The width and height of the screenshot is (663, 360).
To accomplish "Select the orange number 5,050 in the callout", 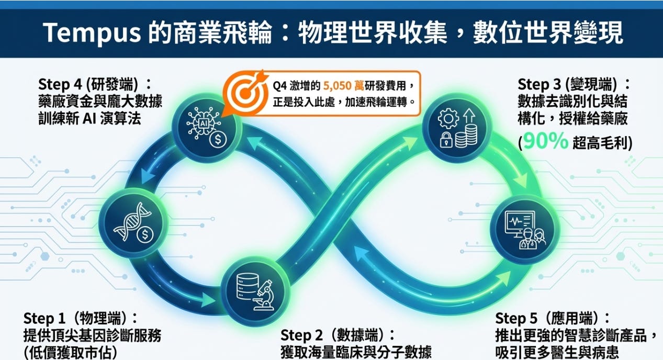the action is point(341,86).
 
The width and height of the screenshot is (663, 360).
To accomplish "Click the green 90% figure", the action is point(546,141).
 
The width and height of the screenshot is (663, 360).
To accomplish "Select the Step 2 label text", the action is point(302,335).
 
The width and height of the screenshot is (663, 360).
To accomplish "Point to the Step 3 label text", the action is point(540,84).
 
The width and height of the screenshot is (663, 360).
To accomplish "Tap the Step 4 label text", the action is point(61,84).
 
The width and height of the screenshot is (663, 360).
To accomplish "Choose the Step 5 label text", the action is point(518,318).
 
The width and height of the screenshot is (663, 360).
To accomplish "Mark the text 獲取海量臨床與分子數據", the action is point(356,352).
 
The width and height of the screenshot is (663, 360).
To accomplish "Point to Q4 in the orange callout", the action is point(280,86).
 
